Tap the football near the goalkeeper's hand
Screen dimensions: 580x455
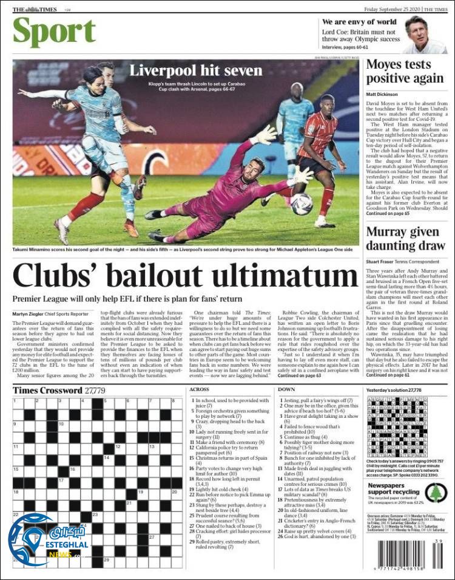(302, 204)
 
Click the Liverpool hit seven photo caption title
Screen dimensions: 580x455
(195, 70)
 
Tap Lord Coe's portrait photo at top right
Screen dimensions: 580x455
(425, 35)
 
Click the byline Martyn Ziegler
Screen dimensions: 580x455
(29, 313)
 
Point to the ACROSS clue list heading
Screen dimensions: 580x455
(200, 389)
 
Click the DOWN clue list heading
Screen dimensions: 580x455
(286, 389)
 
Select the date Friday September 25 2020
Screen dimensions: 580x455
(392, 10)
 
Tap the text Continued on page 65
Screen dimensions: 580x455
(388, 214)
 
